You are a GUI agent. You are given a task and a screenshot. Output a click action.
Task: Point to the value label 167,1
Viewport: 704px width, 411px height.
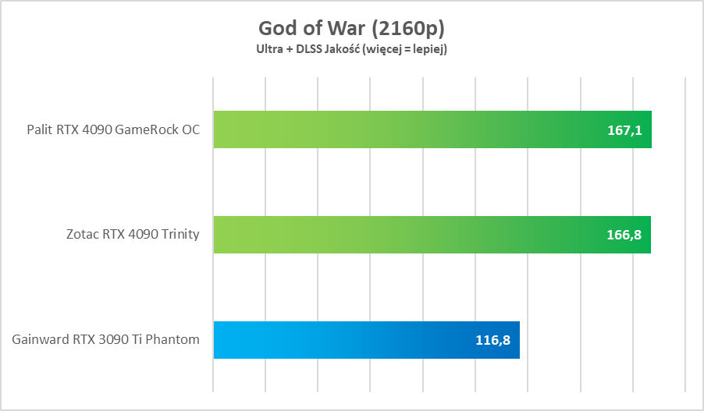[x=624, y=130]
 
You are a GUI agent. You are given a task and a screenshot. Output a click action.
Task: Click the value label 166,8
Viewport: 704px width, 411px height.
[x=624, y=236]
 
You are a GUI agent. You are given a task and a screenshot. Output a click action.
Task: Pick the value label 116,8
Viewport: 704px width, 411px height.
[x=492, y=341]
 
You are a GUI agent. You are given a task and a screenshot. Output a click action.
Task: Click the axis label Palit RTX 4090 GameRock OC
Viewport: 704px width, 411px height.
[x=113, y=129]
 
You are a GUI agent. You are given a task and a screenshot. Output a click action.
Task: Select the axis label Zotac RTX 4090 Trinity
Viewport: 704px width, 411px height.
[x=132, y=235]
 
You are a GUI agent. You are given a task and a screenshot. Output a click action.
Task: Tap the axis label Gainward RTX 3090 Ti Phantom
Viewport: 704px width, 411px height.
[x=105, y=339]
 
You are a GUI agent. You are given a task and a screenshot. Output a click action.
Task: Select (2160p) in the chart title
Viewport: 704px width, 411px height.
[x=407, y=29]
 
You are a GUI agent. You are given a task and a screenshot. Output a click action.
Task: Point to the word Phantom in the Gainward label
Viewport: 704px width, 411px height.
[x=176, y=339]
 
